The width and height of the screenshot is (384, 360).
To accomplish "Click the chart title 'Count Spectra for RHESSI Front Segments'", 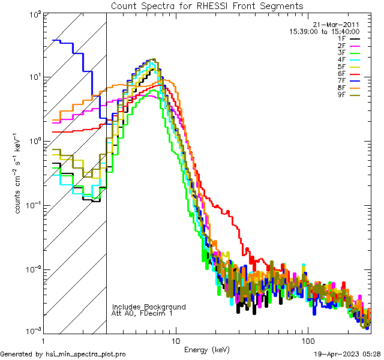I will (207, 6).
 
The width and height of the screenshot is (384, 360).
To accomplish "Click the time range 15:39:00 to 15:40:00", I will (325, 31).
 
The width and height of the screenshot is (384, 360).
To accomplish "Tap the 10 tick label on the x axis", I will (175, 339).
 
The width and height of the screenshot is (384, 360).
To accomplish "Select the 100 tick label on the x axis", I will (307, 339).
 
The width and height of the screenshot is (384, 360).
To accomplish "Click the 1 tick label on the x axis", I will (43, 339).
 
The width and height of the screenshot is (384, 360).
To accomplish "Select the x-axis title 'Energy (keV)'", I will (207, 350).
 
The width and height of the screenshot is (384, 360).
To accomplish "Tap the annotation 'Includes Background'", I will (149, 307).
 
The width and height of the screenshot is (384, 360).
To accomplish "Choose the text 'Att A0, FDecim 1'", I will (142, 313).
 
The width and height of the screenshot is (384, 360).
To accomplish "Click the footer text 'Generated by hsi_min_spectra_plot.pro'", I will (63, 354).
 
